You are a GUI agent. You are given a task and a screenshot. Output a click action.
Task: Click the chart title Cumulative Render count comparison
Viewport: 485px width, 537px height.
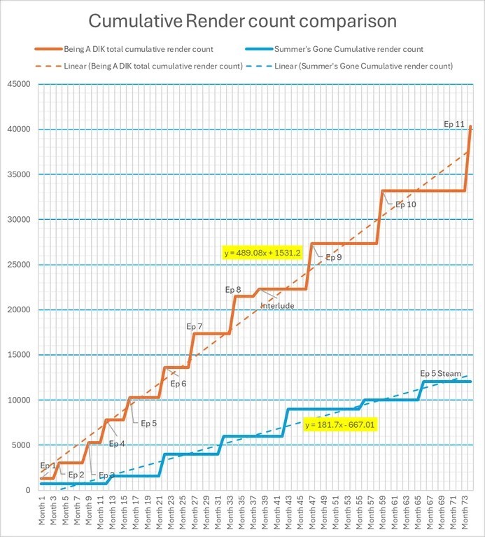coord(242,20)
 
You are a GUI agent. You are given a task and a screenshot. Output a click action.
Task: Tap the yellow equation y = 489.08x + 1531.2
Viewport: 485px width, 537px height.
coord(262,253)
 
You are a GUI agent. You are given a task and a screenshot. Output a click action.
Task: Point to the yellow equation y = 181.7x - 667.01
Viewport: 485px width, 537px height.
coord(341,424)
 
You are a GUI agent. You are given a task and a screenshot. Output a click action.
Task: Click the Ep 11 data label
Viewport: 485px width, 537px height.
coord(455,125)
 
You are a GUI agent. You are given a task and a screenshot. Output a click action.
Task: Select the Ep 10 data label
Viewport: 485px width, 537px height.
coord(405,204)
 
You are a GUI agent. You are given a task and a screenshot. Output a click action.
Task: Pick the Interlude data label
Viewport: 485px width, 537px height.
coord(278,306)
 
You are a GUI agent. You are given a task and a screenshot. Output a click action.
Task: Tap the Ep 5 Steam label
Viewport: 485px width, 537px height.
coord(440,373)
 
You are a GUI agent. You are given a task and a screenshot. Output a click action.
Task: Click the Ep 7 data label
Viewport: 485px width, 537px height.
coord(194,326)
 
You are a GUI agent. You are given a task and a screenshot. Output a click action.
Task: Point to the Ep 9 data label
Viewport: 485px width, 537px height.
coord(334,258)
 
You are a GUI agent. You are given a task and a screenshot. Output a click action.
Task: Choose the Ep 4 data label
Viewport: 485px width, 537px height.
coord(117,443)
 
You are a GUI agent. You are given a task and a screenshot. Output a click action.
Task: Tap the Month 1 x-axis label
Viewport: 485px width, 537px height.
coord(43,511)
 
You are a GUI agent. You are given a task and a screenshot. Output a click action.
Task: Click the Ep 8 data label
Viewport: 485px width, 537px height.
coord(233,289)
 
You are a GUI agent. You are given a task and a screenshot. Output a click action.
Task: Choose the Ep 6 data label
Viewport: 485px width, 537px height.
coord(178,383)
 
